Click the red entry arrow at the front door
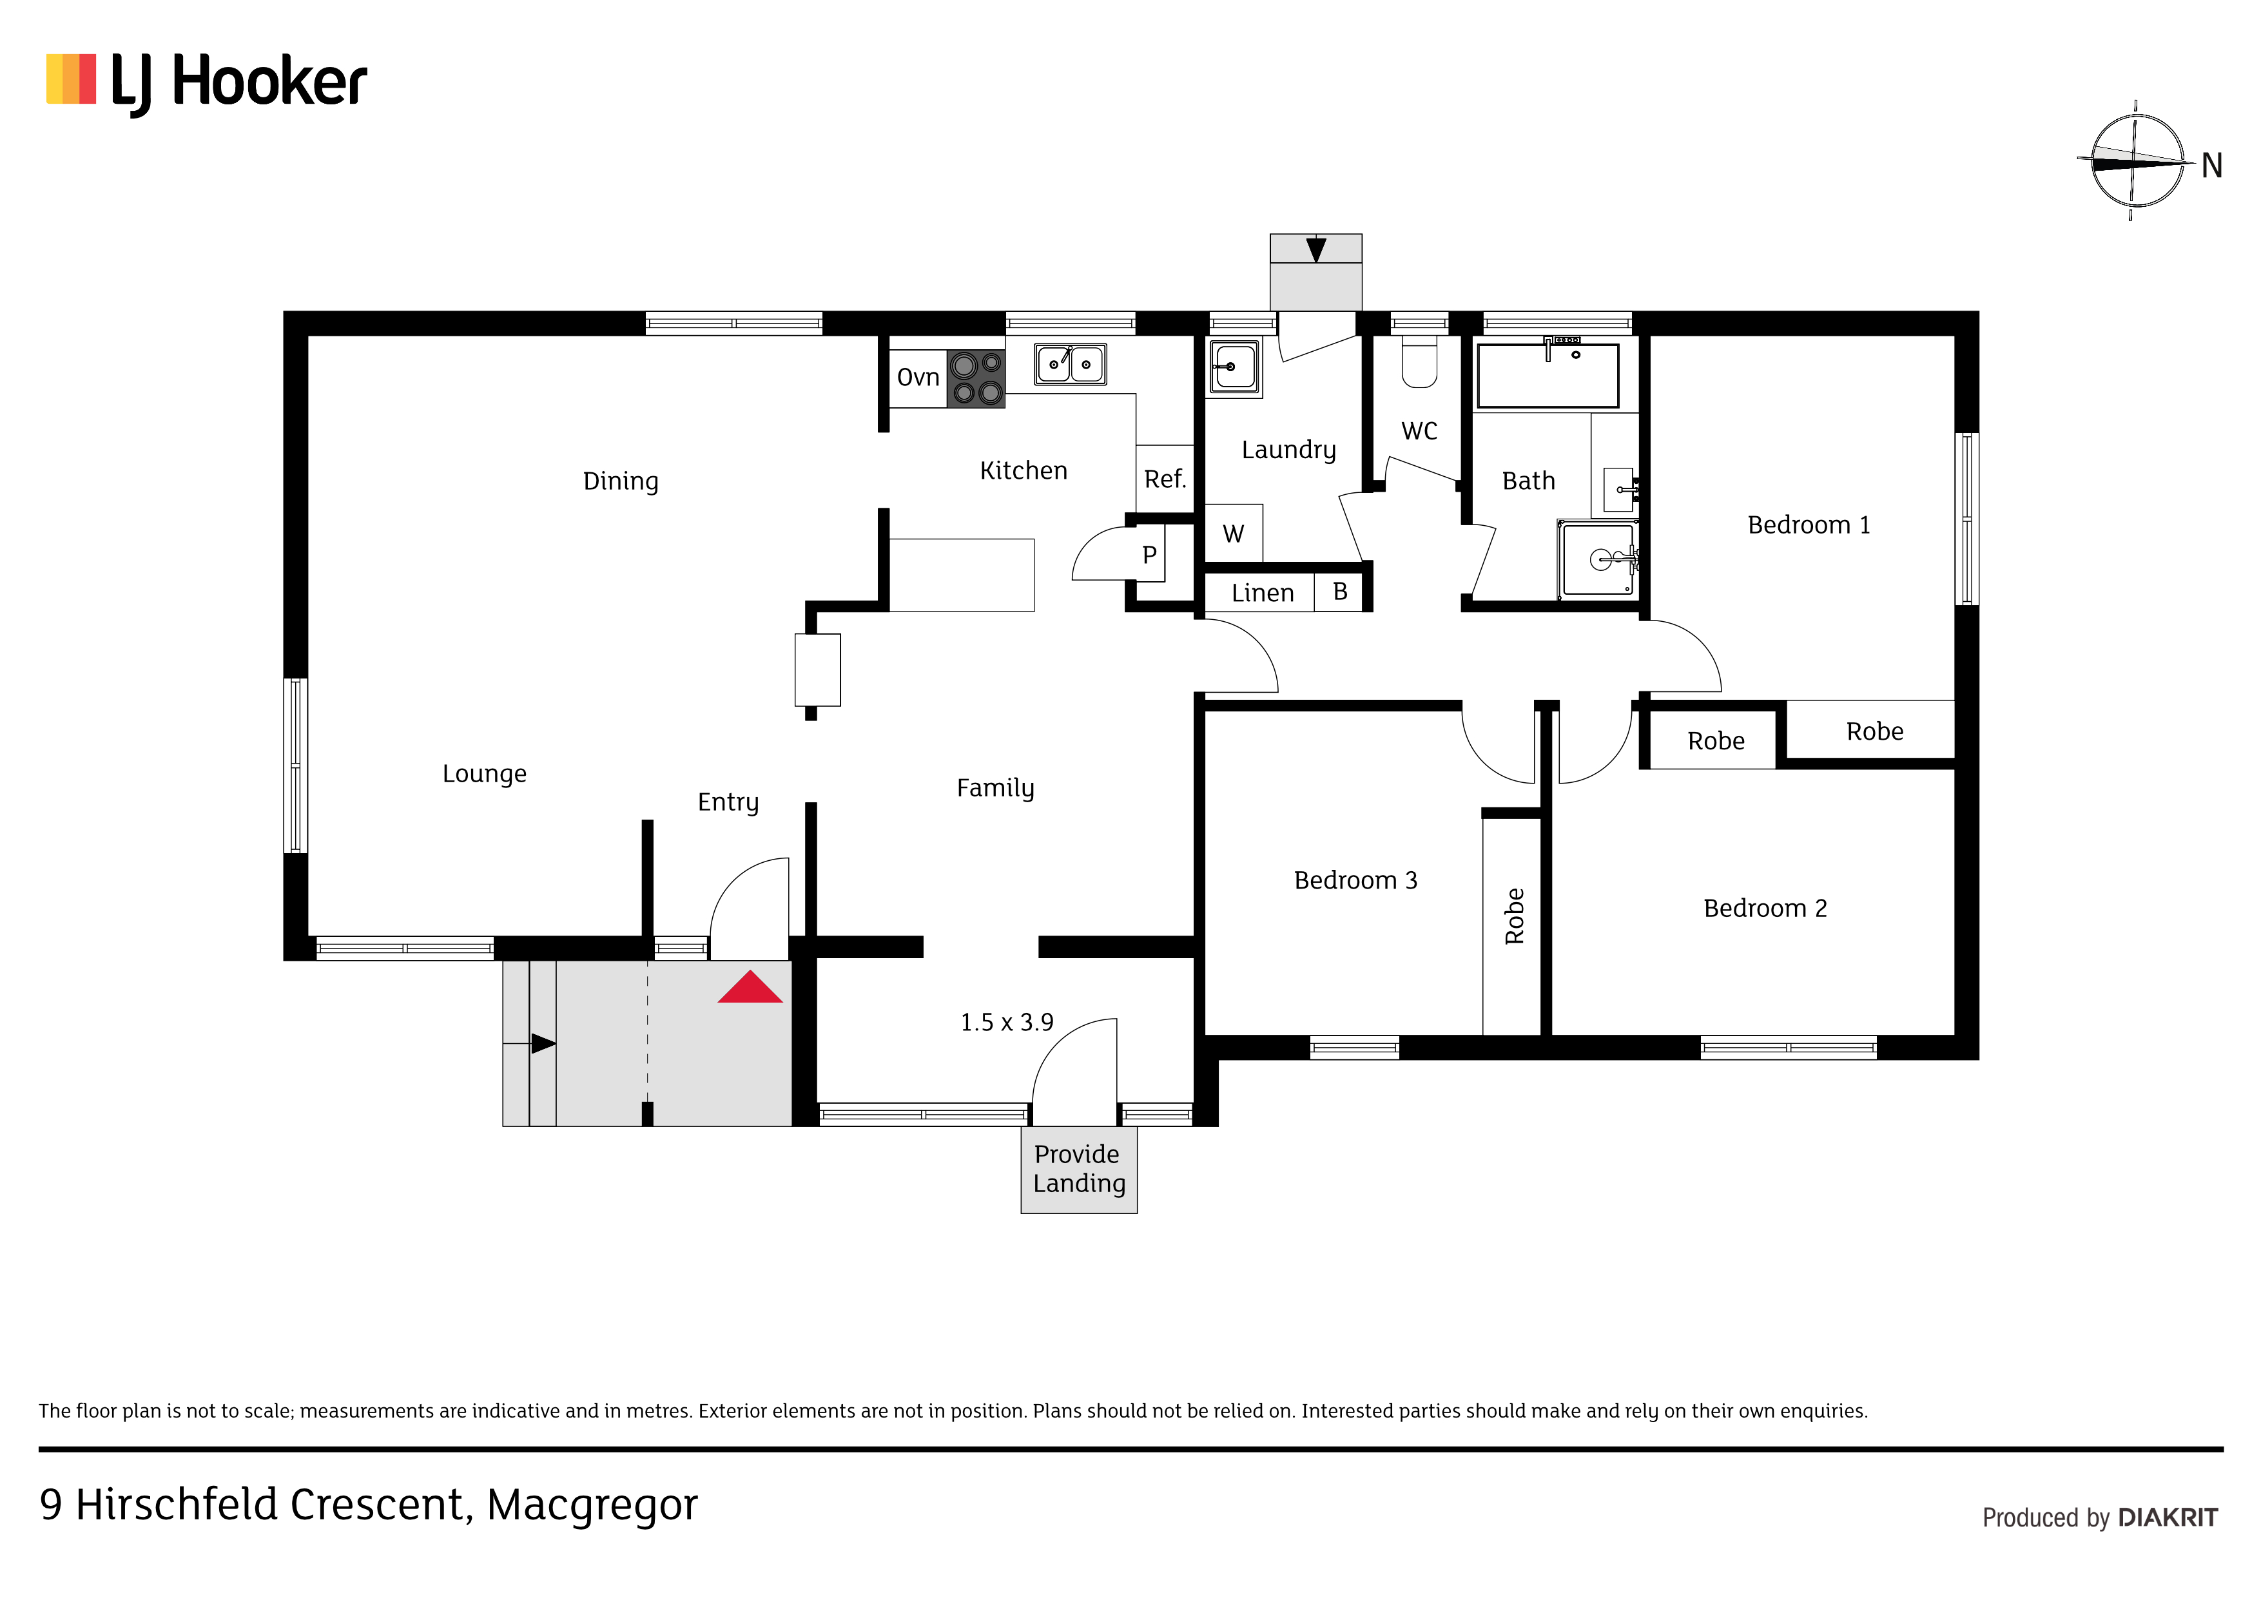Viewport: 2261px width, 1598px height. point(750,988)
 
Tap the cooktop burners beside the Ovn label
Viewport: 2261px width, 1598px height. point(976,379)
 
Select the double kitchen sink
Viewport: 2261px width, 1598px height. point(1071,364)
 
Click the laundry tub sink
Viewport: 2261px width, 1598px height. point(1234,368)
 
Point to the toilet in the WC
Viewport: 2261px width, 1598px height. point(1419,362)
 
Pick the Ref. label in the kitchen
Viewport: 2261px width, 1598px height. point(1165,479)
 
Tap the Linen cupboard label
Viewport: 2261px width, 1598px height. point(1263,593)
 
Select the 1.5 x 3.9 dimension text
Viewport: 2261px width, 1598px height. point(1006,1023)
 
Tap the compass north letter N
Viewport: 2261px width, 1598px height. point(2212,166)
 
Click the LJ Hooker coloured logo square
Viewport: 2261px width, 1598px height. point(71,79)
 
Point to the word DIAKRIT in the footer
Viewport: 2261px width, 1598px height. point(2168,1518)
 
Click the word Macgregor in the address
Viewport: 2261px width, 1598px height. point(592,1505)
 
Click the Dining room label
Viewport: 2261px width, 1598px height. point(621,481)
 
